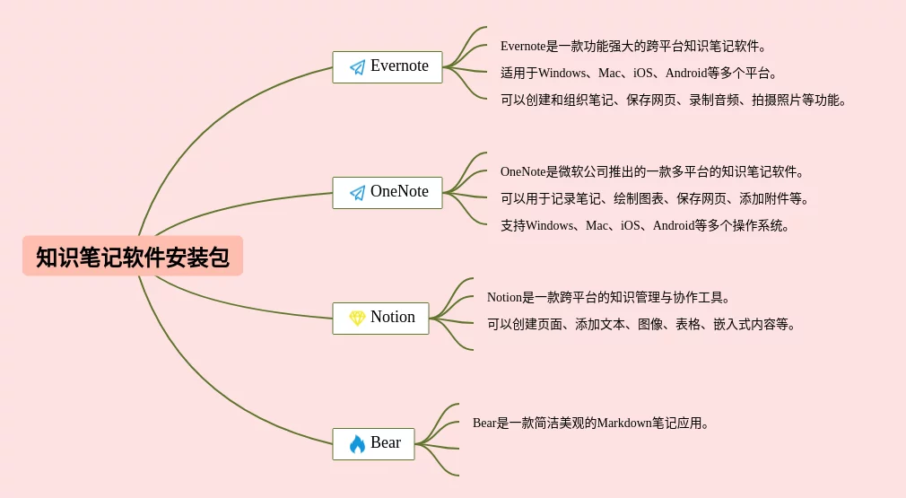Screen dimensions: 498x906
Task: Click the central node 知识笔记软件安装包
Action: point(133,257)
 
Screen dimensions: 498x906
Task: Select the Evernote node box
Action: point(388,67)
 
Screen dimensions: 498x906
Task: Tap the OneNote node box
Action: point(388,193)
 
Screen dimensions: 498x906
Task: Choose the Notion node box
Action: point(380,319)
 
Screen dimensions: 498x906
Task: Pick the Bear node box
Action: point(373,444)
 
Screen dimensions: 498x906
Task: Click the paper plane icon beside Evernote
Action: point(357,67)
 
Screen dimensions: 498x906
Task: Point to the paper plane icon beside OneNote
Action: point(357,193)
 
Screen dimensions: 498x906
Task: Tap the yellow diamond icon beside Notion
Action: point(357,319)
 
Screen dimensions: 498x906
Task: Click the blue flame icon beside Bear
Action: point(357,444)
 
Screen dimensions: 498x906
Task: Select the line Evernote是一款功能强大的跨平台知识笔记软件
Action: point(633,46)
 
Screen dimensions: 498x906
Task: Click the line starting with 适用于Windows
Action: point(639,73)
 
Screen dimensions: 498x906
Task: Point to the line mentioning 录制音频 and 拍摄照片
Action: point(673,100)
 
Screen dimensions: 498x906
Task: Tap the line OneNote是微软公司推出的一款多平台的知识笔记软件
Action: point(652,171)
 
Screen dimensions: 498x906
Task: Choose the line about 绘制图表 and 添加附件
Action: point(655,198)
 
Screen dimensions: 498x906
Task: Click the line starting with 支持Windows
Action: point(645,225)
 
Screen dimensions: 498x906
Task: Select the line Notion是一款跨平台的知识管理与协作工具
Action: point(609,297)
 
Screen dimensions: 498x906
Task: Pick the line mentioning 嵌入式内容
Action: point(641,324)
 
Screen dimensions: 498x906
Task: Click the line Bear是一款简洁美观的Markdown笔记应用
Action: point(591,423)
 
